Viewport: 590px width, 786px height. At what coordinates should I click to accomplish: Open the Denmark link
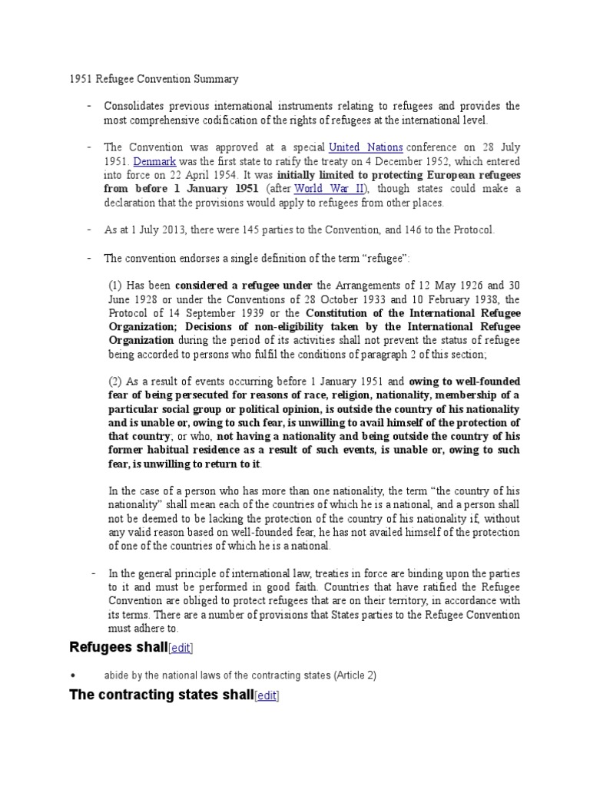(155, 161)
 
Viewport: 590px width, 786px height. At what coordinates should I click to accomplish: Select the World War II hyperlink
(321, 189)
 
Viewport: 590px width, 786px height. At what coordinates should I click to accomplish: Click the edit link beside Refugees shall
(181, 648)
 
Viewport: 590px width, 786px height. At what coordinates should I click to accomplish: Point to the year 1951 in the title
(71, 78)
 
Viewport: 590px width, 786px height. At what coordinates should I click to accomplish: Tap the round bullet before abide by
(71, 675)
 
